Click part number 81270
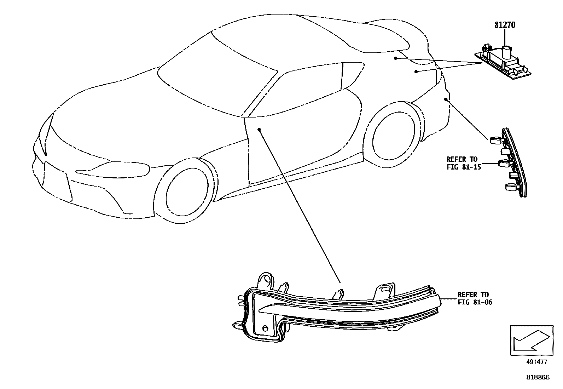coord(505,25)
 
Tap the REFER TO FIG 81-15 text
coord(464,163)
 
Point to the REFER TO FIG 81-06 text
coord(475,298)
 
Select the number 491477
coord(536,362)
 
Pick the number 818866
coord(538,377)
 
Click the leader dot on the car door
coord(259,130)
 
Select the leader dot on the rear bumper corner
coord(446,99)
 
